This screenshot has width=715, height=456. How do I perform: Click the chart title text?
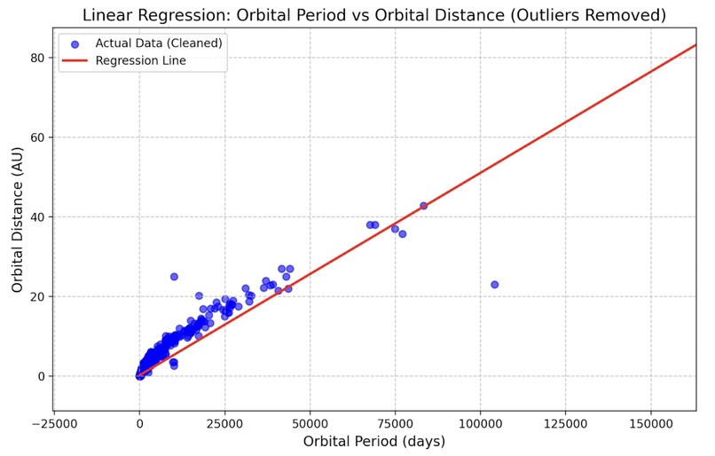(373, 14)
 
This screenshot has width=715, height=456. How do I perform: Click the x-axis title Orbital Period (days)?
(373, 441)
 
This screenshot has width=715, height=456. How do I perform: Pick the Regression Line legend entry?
(141, 60)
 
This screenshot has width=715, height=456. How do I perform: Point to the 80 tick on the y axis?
(38, 58)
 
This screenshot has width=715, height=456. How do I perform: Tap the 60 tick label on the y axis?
(38, 138)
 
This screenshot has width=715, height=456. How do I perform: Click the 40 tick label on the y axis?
(38, 217)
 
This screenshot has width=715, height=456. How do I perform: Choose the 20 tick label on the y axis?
(38, 296)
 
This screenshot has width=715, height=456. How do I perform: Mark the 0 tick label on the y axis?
(42, 376)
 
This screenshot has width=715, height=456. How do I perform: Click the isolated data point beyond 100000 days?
(495, 285)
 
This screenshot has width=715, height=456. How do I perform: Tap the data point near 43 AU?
(423, 206)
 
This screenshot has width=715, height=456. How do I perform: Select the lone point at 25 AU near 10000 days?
(174, 277)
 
